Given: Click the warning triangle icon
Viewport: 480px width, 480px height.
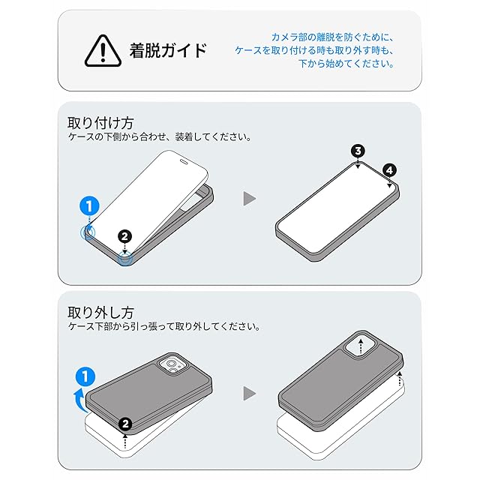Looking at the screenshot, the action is pyautogui.click(x=103, y=51).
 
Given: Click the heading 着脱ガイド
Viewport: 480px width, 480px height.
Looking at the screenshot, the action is pyautogui.click(x=168, y=50).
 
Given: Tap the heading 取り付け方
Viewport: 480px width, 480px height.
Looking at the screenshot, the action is pyautogui.click(x=100, y=123).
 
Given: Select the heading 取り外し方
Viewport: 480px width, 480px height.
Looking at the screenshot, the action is pyautogui.click(x=100, y=313).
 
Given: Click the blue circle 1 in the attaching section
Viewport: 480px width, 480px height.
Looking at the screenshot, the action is pyautogui.click(x=89, y=206).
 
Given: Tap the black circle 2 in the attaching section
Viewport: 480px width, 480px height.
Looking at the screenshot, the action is pyautogui.click(x=124, y=237).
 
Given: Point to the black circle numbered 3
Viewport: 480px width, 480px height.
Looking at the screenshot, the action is pyautogui.click(x=358, y=151).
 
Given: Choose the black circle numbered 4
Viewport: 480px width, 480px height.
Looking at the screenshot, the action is pyautogui.click(x=389, y=170).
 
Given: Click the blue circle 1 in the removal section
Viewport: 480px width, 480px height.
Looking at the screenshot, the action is pyautogui.click(x=85, y=376).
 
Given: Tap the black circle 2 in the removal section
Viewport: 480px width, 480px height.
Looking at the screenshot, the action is pyautogui.click(x=125, y=424).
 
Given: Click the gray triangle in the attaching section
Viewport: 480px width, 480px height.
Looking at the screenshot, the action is pyautogui.click(x=249, y=199).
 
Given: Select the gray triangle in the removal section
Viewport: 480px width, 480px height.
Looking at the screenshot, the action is pyautogui.click(x=249, y=393).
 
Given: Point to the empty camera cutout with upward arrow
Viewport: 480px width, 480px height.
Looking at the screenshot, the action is pyautogui.click(x=361, y=346).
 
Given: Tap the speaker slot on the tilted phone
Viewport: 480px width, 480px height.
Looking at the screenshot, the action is pyautogui.click(x=184, y=160).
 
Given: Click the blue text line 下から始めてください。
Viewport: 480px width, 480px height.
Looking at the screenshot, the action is pyautogui.click(x=346, y=64).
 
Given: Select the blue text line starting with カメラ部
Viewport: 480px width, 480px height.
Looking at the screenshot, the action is pyautogui.click(x=332, y=37).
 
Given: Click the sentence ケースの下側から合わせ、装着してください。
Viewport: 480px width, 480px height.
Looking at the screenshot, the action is pyautogui.click(x=160, y=136).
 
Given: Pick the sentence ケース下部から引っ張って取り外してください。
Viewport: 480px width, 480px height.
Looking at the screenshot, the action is pyautogui.click(x=164, y=327).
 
